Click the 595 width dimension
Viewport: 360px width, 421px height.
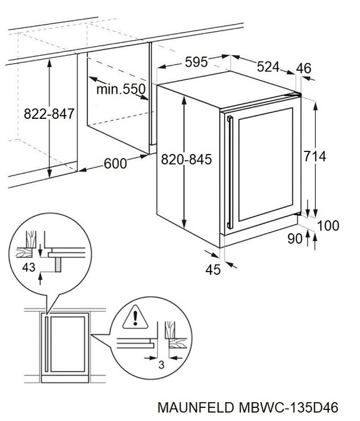tap(196, 62)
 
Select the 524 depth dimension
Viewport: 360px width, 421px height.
tap(268, 66)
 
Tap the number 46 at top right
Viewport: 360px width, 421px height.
tap(303, 68)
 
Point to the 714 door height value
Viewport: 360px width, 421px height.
tap(315, 157)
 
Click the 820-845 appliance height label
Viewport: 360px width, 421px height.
tap(186, 159)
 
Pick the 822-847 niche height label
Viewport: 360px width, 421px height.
tap(49, 114)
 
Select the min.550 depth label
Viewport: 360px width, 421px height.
tap(121, 89)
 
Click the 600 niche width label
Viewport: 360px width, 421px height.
tap(115, 164)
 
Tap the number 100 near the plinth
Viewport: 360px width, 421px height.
tap(328, 225)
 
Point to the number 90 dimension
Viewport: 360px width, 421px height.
tap(295, 238)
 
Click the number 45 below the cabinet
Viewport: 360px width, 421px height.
tap(213, 270)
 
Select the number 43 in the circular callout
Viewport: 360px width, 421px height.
tap(29, 268)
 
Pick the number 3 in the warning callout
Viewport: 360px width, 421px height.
tap(161, 364)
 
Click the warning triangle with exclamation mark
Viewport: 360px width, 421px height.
tap(135, 318)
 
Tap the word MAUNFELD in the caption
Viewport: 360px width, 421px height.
tap(196, 407)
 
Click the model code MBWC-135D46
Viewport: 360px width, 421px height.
tap(289, 407)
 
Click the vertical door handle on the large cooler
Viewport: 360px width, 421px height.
tap(230, 172)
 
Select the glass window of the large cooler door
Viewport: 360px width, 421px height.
tap(266, 164)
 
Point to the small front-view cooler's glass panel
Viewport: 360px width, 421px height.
tap(68, 344)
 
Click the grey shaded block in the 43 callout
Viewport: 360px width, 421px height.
tap(58, 264)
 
